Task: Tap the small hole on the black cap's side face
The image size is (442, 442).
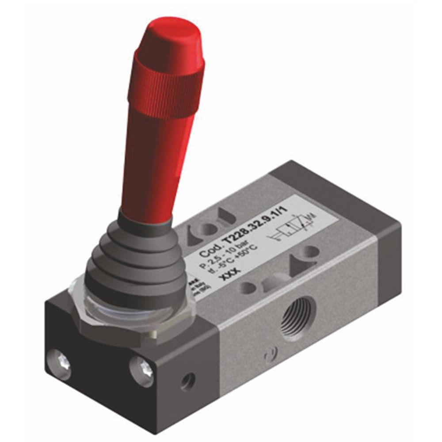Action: point(187,381)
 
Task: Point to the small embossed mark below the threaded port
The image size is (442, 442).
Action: point(267,356)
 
